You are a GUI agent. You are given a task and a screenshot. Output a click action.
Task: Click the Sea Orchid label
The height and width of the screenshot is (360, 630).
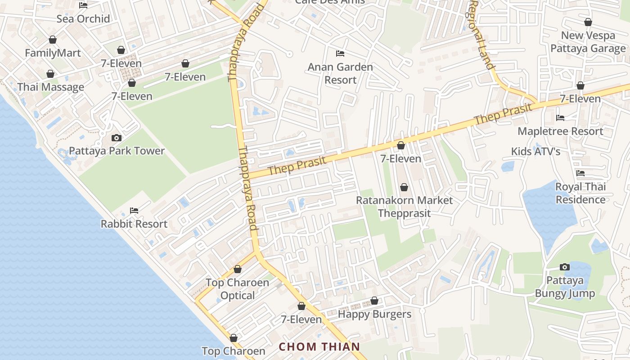click(x=83, y=19)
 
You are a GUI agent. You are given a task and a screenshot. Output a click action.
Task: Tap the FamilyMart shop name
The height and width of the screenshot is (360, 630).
click(x=53, y=53)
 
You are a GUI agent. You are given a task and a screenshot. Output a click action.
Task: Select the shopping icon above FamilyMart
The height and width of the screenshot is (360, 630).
click(x=53, y=40)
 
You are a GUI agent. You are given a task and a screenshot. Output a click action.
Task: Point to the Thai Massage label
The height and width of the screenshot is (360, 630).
click(x=50, y=87)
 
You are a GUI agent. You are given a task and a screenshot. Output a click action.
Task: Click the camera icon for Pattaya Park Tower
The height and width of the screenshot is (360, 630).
click(x=116, y=138)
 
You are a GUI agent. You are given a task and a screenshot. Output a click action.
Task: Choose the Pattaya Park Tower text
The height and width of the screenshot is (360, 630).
click(x=117, y=151)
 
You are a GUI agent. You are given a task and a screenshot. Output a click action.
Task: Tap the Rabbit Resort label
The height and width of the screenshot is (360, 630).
click(x=134, y=224)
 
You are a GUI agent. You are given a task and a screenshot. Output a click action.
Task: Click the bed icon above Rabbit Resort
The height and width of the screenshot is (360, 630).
click(x=134, y=210)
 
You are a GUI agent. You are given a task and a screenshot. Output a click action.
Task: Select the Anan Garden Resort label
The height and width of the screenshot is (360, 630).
click(x=340, y=73)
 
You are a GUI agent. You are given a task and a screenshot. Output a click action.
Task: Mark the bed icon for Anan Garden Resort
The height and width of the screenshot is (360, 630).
click(x=340, y=54)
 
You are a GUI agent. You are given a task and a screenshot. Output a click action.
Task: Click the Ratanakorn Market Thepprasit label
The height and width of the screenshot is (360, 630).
click(x=404, y=207)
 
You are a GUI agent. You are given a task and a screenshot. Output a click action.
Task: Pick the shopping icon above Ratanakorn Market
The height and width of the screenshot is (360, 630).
click(x=404, y=187)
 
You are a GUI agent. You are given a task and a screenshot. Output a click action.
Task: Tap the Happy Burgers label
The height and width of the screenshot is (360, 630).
click(x=374, y=314)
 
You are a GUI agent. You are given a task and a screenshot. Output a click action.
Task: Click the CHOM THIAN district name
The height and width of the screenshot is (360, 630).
click(x=319, y=346)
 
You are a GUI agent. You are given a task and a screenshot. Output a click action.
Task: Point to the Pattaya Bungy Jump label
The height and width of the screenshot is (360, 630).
click(x=565, y=287)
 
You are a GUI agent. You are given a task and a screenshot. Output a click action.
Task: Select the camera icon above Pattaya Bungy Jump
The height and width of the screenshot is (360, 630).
click(x=565, y=267)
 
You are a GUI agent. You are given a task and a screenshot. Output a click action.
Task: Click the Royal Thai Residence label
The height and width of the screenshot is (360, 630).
click(x=580, y=193)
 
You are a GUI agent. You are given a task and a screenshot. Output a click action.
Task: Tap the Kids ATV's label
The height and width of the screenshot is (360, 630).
click(x=535, y=152)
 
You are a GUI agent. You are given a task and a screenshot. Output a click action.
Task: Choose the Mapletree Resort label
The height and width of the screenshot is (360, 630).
click(x=560, y=131)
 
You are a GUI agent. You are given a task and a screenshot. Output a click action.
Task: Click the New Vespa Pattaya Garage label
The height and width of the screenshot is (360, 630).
click(x=588, y=42)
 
